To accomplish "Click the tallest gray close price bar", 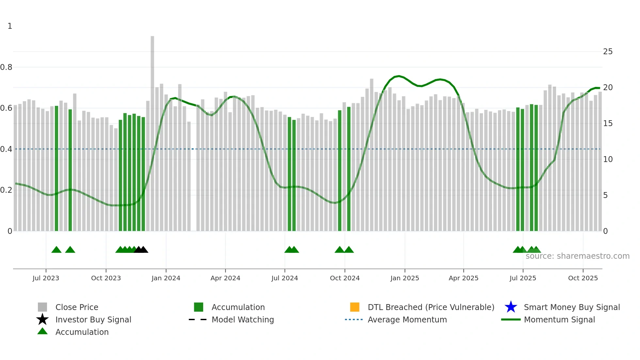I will (x=152, y=131).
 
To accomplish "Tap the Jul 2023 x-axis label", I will (x=46, y=278).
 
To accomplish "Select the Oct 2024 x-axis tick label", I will (x=344, y=278).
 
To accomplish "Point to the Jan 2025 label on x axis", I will (x=405, y=278).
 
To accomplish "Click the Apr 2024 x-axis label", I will (x=225, y=278).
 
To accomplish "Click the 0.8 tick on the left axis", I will (x=6, y=67).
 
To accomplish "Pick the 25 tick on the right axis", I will (x=608, y=52).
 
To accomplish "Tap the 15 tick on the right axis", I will (x=608, y=123).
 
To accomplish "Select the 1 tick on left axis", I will (x=10, y=26).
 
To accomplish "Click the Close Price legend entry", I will (x=77, y=307).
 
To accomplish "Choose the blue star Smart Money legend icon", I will (x=511, y=307).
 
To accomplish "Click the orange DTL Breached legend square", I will (x=355, y=307).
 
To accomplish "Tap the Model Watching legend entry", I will (x=243, y=319).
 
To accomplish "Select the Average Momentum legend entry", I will (x=407, y=319).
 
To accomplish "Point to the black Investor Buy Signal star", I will (x=42, y=319).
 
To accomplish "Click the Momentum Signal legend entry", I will (x=559, y=319).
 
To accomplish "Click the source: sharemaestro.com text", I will (x=577, y=256).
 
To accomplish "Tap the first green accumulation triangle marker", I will (x=56, y=250).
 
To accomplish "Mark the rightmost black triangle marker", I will (x=143, y=250).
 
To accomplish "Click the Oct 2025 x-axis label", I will (x=583, y=278).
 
